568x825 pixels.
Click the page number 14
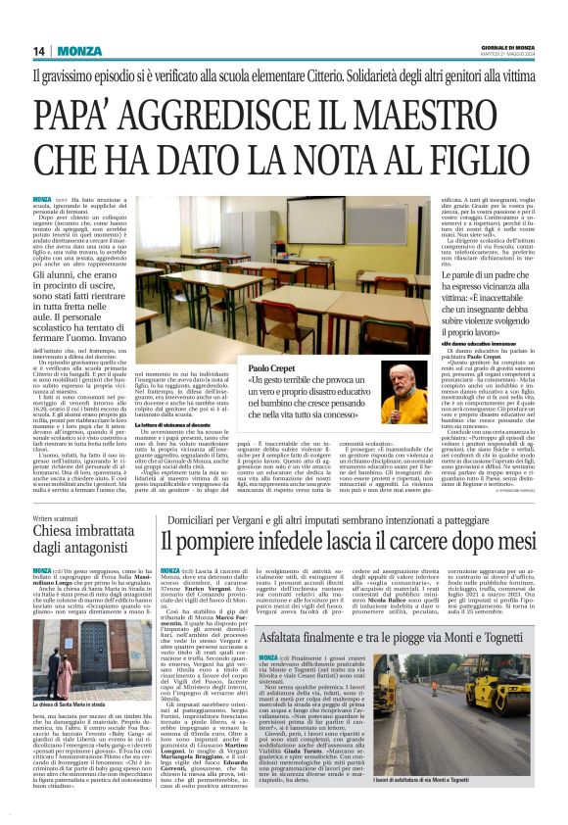[x=38, y=51]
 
